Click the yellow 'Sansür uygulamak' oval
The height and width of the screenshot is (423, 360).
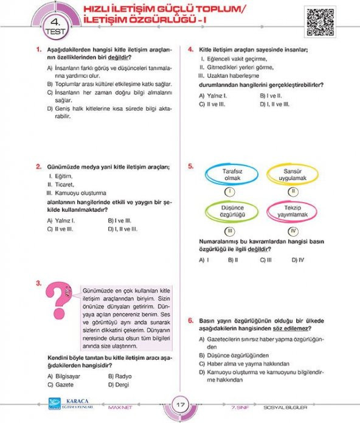[x=291, y=175]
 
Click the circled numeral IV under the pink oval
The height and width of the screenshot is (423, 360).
[x=293, y=231]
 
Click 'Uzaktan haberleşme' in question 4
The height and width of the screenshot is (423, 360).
[x=233, y=75]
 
